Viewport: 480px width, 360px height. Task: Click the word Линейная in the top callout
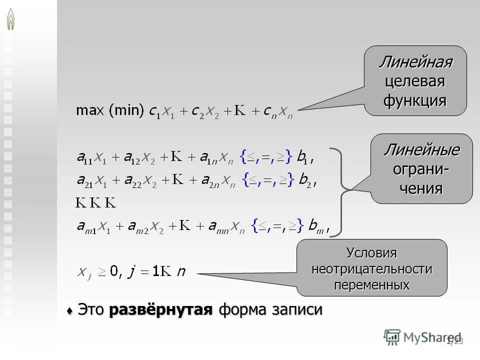[415, 62]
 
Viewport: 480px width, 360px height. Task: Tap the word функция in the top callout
[415, 100]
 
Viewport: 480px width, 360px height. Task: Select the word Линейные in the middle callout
[421, 149]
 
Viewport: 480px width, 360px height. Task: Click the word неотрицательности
[371, 269]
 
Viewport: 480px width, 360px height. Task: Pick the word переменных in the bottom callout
[371, 285]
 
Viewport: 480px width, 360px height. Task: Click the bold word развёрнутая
[161, 310]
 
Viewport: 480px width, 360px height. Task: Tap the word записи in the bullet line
[297, 310]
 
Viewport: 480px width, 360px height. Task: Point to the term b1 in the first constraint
[303, 158]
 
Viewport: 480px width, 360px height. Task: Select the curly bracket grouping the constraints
[341, 191]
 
